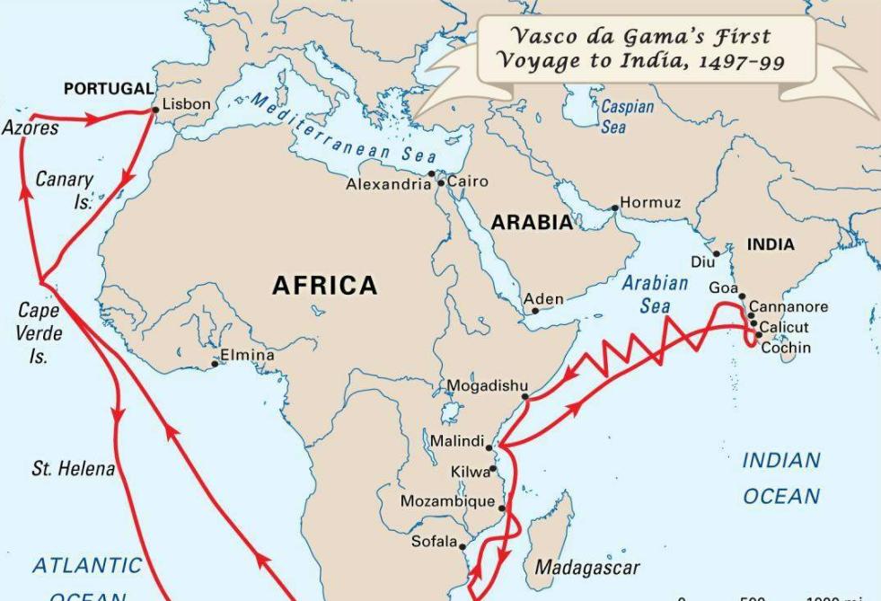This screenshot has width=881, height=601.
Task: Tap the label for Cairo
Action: point(468,181)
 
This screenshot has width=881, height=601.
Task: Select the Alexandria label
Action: point(388,185)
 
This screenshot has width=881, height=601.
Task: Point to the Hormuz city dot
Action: point(615,208)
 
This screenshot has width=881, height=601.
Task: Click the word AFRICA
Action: point(325,286)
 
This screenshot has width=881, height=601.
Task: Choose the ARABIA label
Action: point(532,223)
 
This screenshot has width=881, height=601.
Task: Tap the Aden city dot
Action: point(535,311)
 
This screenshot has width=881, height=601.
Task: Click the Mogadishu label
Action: point(488,386)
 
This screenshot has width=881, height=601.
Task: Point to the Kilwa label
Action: point(470,472)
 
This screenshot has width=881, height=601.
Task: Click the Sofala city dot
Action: point(463,546)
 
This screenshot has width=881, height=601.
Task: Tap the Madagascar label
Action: point(587,568)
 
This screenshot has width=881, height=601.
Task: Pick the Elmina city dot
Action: point(216,363)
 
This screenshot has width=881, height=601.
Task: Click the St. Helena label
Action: point(73,469)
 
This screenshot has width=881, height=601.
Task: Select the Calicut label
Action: point(784,327)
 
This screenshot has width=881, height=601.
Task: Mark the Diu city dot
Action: point(717,254)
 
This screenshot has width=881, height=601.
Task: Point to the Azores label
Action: point(30,128)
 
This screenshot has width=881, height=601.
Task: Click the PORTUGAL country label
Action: point(109,89)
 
